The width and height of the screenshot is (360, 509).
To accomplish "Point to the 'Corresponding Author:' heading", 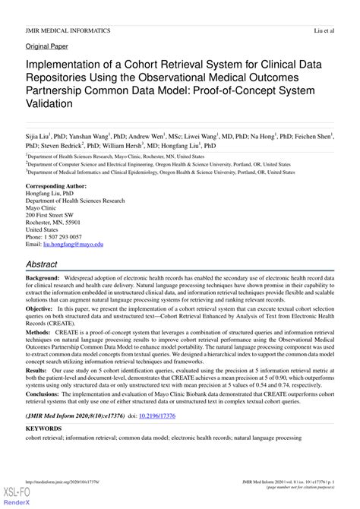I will [56, 186].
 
